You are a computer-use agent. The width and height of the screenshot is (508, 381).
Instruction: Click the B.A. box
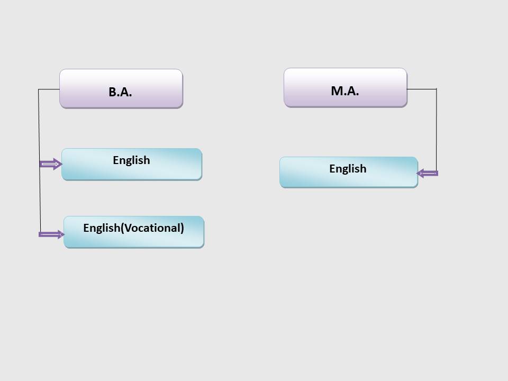(121, 88)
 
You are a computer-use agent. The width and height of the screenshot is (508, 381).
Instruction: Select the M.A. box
(346, 87)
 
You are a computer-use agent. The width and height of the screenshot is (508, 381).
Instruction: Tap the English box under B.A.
(132, 164)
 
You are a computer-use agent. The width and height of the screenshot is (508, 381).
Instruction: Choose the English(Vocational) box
(134, 232)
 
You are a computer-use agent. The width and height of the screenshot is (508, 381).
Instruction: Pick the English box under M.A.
(349, 172)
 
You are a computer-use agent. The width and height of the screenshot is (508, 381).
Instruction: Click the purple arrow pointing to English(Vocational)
(51, 234)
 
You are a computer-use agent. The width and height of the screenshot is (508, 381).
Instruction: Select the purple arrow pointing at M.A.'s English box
(428, 174)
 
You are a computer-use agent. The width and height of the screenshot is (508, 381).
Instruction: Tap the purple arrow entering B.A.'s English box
(51, 164)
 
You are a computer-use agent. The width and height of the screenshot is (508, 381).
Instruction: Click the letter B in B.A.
(112, 92)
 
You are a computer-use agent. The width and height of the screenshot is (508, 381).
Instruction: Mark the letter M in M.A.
(337, 91)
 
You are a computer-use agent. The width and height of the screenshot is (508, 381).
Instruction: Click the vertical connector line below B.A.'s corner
(40, 161)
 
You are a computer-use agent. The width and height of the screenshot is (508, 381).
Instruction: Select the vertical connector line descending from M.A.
(437, 130)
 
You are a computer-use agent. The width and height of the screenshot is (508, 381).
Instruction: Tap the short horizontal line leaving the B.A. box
(49, 89)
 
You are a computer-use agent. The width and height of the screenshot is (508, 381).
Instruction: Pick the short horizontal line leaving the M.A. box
(422, 89)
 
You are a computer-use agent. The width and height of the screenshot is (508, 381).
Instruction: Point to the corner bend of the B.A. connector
(39, 89)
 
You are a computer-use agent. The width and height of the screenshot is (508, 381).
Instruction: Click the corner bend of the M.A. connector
(437, 89)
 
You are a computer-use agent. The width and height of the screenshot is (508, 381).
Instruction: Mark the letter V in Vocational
(128, 228)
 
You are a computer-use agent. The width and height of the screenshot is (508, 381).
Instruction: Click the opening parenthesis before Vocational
(122, 228)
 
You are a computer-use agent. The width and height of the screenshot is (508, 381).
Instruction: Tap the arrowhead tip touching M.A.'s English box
(416, 174)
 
